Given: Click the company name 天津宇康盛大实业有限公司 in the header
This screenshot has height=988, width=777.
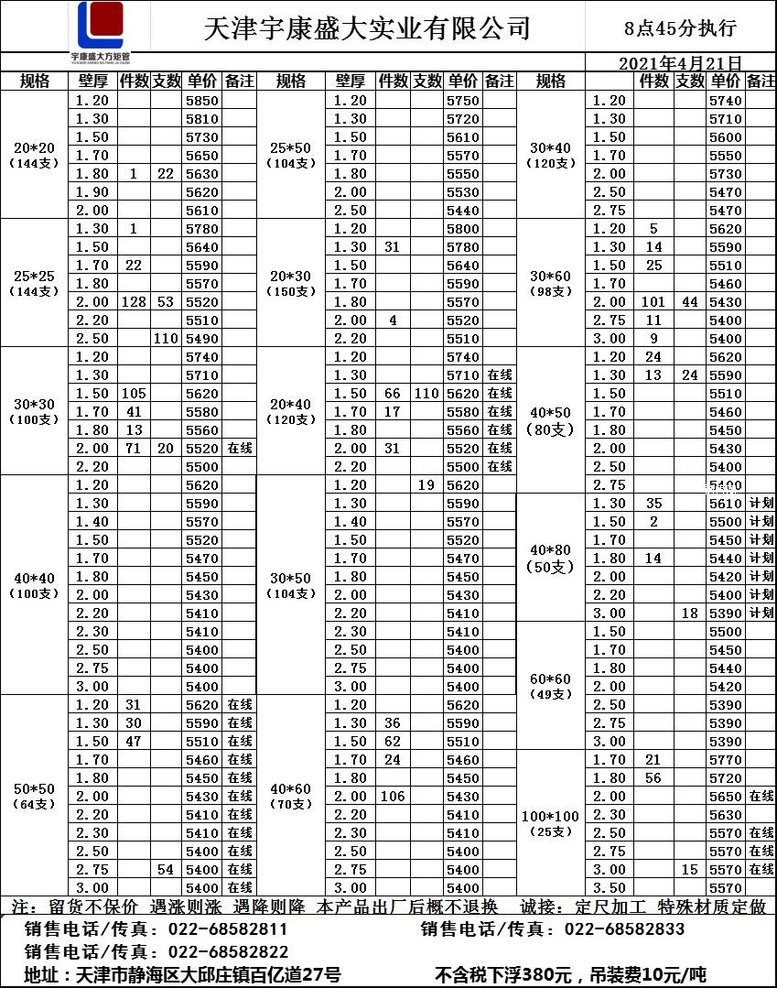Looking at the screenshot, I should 367,28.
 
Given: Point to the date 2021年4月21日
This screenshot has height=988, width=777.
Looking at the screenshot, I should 680,63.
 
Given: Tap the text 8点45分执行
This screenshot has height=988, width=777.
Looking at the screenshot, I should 679,28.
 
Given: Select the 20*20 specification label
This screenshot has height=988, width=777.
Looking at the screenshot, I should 35,148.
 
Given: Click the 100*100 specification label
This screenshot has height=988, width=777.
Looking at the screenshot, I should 551,815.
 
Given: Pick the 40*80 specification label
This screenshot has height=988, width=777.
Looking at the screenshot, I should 551,549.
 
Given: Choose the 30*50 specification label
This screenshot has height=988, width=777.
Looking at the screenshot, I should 291,577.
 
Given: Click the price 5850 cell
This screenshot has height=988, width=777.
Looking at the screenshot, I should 201,101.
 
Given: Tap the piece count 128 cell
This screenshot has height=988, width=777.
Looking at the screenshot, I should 134,302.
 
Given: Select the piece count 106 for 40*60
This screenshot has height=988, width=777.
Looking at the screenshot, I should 393,797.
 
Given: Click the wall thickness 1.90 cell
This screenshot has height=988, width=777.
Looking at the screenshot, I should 92,192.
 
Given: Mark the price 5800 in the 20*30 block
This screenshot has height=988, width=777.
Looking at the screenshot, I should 463,229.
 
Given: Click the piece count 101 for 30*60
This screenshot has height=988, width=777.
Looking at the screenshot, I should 653,302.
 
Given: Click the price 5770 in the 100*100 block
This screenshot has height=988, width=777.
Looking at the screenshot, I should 726,760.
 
